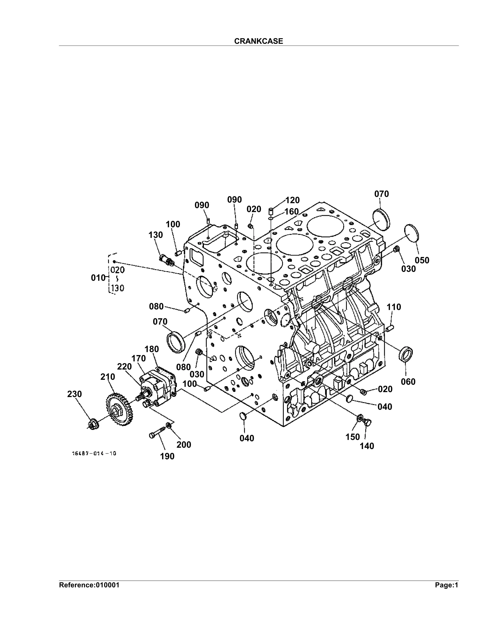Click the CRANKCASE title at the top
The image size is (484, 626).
(x=258, y=41)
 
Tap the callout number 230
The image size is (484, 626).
(x=74, y=394)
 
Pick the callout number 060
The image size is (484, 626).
(x=408, y=382)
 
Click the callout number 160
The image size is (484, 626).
(x=291, y=212)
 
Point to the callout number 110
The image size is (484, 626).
(x=394, y=307)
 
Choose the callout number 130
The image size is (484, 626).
(x=156, y=235)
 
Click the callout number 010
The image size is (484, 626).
(x=98, y=278)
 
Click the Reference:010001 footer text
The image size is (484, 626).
(x=89, y=585)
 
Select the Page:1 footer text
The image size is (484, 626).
(x=446, y=585)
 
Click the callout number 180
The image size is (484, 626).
(x=152, y=349)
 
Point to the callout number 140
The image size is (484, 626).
(x=367, y=446)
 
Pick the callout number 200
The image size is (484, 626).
(x=184, y=445)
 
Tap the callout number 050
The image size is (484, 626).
(x=422, y=260)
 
